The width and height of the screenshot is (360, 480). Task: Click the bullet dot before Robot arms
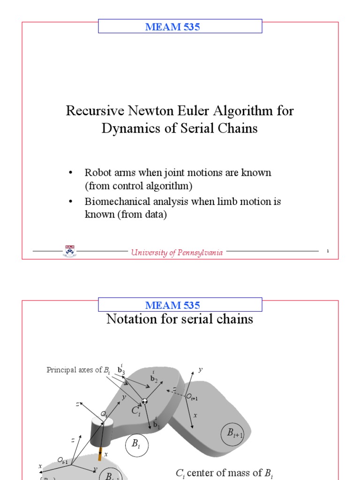coord(71,172)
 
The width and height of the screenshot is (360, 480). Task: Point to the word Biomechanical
coord(118,202)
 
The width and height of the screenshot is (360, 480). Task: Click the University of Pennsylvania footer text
coord(177,253)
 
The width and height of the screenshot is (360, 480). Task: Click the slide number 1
coord(328,252)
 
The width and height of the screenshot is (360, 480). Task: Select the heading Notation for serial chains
coord(180,319)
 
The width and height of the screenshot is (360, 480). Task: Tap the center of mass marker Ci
coord(145,401)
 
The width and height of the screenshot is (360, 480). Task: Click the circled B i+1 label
coord(233,434)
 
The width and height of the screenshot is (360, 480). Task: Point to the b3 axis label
coord(121,370)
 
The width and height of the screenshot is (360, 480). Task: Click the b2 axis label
coord(153,378)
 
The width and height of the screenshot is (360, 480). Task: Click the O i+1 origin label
coord(192,397)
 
